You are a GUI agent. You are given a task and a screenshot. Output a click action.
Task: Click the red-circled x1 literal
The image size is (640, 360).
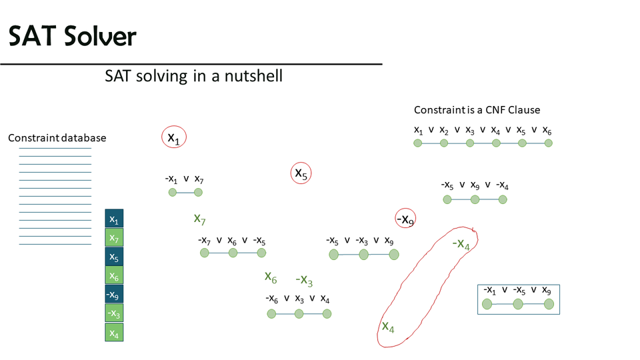point(173,138)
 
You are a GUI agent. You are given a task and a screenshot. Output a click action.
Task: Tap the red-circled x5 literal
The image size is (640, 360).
point(301,173)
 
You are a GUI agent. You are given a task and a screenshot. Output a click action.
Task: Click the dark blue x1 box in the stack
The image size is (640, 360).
point(114,219)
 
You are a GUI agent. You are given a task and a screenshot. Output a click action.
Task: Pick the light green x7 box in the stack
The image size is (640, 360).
point(114,238)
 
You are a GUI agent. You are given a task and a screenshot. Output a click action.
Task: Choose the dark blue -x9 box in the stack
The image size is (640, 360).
point(114,294)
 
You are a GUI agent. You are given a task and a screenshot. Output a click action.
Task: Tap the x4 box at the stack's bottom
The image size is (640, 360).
point(114,331)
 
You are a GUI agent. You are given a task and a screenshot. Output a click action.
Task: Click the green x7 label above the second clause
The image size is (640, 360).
point(199,219)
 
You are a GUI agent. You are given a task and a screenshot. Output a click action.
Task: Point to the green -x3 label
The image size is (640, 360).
point(304,279)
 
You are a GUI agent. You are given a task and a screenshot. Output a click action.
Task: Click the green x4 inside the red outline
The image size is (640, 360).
point(388,327)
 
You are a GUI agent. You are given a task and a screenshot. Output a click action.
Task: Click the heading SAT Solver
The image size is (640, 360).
point(72,37)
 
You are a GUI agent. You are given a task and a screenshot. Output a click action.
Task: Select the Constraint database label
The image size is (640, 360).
point(57,138)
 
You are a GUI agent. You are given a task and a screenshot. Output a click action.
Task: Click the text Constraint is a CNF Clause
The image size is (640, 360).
point(477,110)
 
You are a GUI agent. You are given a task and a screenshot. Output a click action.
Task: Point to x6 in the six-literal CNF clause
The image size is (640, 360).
point(547,130)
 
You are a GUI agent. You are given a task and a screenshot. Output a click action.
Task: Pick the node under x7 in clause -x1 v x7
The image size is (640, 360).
point(198,193)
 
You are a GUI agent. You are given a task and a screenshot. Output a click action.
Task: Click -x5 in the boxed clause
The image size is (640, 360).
point(519,291)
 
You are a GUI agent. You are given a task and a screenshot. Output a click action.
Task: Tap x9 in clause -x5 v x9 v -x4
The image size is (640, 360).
point(475,185)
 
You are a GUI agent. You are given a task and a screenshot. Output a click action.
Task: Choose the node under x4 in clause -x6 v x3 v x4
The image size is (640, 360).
point(327,313)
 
